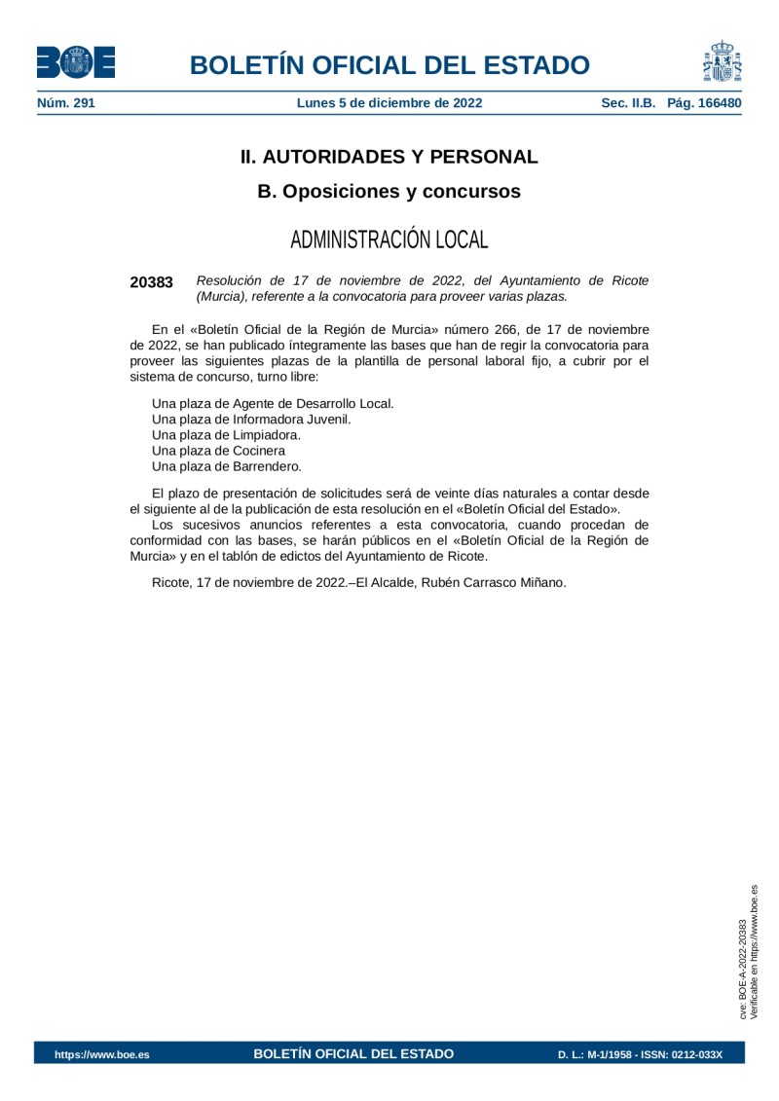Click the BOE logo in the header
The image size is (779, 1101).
click(x=76, y=63)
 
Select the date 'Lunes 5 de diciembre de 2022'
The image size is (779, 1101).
click(x=389, y=102)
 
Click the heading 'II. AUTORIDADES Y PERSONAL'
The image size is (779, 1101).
click(x=389, y=157)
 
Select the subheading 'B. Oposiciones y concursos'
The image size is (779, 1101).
click(x=389, y=192)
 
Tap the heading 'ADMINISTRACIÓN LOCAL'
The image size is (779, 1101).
click(x=389, y=239)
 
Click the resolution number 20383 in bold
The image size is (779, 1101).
click(x=151, y=282)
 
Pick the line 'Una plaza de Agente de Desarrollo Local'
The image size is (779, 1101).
click(x=273, y=403)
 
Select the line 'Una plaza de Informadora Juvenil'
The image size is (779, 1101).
click(x=251, y=419)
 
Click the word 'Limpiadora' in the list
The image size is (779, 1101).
click(x=267, y=434)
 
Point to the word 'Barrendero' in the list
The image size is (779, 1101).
click(x=267, y=466)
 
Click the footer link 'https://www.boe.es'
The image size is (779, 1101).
click(x=102, y=1054)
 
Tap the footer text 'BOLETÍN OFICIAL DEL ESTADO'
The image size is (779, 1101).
click(x=353, y=1053)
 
